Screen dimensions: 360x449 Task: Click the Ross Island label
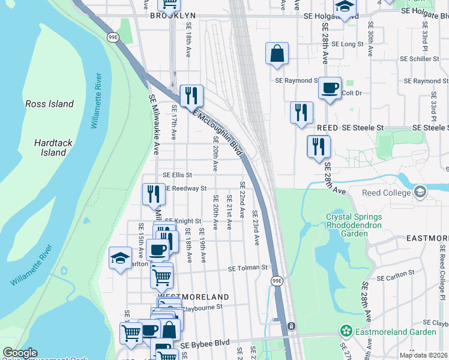pos(49,104)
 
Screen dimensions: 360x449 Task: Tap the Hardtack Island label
pos(49,148)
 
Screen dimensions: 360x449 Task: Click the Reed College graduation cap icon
pos(420,192)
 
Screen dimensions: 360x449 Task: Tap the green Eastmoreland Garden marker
pos(346,331)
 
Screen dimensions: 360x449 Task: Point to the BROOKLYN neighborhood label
pos(173,14)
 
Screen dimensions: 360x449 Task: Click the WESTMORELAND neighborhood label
pos(193,297)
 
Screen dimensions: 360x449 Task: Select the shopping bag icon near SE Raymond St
pos(277,53)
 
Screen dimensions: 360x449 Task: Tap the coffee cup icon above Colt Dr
pos(329,88)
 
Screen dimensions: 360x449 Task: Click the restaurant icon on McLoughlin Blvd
pos(191,95)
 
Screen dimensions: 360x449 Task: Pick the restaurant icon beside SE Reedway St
pos(154,193)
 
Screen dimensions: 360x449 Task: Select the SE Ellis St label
pos(178,175)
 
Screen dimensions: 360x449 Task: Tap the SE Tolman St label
pos(247,268)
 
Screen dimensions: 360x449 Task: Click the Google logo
pos(20,353)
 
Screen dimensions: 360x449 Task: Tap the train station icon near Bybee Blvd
pos(291,326)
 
